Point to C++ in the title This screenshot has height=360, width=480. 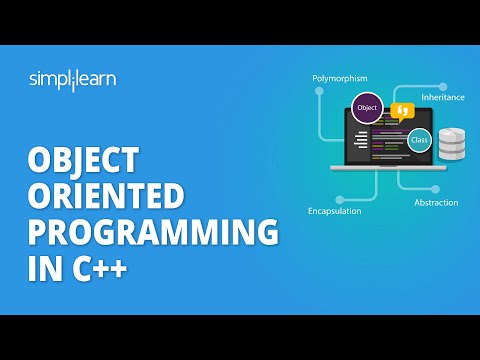pos(104,266)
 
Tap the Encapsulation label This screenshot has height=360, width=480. pos(336,212)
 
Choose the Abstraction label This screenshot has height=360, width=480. pos(437,202)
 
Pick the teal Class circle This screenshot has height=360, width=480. pos(421,139)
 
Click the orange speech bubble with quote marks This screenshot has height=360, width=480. pos(403,111)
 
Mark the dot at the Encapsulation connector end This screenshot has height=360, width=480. pos(340,199)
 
